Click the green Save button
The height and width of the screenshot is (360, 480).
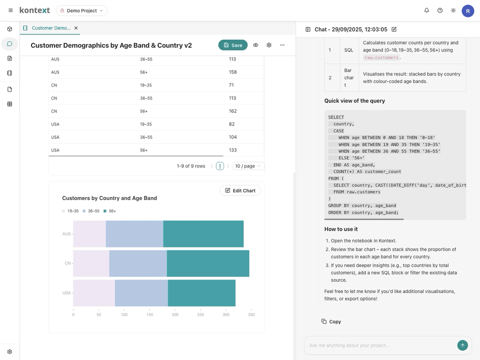pyautogui.click(x=233, y=45)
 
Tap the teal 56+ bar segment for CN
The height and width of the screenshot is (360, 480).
pyautogui.click(x=208, y=263)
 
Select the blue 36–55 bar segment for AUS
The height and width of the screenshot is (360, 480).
pyautogui.click(x=134, y=234)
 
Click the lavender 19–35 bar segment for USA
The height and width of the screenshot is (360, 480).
pyautogui.click(x=94, y=293)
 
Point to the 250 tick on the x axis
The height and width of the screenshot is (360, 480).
pyautogui.click(x=200, y=314)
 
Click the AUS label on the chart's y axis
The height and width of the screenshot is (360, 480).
pyautogui.click(x=66, y=234)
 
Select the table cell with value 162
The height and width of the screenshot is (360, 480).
pyautogui.click(x=232, y=111)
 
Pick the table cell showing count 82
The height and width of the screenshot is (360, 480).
pyautogui.click(x=232, y=124)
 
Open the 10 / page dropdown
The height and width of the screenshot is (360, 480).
pyautogui.click(x=248, y=166)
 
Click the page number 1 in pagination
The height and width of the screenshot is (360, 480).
pyautogui.click(x=219, y=166)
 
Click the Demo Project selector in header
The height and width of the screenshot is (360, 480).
pyautogui.click(x=81, y=10)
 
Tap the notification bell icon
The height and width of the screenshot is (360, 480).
pyautogui.click(x=426, y=10)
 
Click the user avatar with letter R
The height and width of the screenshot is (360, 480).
pyautogui.click(x=467, y=10)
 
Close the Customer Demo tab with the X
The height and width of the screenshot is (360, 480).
pyautogui.click(x=76, y=28)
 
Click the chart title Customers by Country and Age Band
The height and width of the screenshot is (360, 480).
pyautogui.click(x=109, y=198)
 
